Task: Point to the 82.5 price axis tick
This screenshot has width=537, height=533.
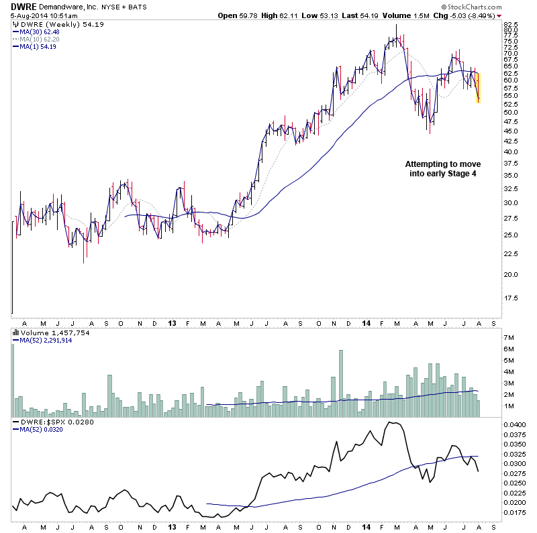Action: [511, 23]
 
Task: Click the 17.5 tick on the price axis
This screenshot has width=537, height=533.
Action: [511, 298]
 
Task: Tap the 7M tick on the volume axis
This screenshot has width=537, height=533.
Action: [509, 336]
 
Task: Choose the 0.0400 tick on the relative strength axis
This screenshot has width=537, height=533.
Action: [513, 424]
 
